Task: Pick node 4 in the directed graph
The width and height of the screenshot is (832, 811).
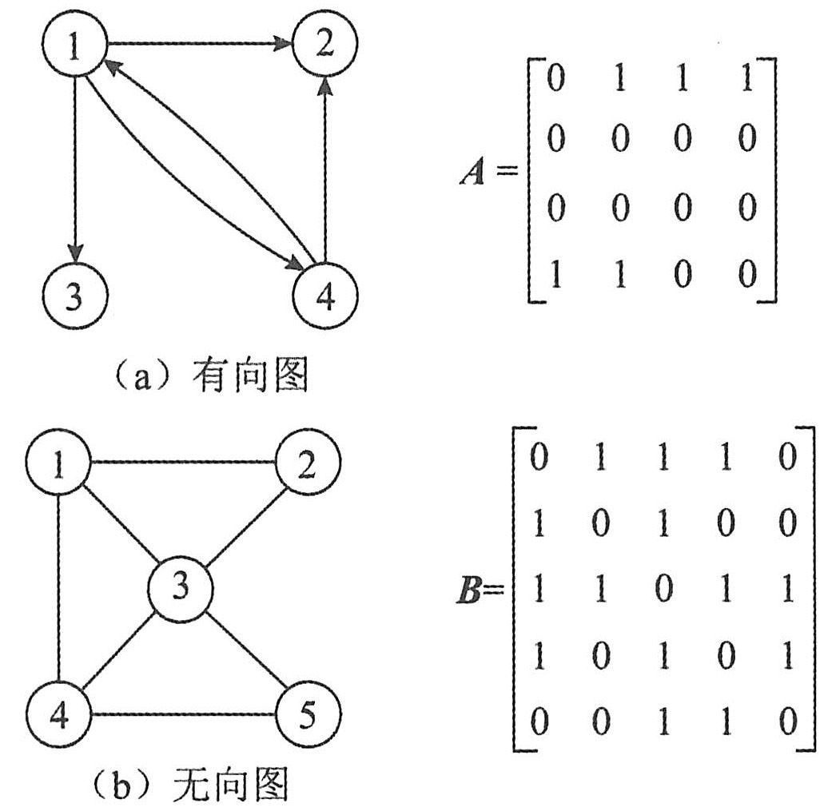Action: (325, 296)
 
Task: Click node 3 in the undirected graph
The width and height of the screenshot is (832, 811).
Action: (181, 589)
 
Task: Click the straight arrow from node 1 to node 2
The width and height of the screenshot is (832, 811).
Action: (200, 45)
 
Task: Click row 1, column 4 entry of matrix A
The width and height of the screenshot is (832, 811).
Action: (747, 82)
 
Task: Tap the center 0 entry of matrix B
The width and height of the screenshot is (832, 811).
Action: (663, 590)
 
